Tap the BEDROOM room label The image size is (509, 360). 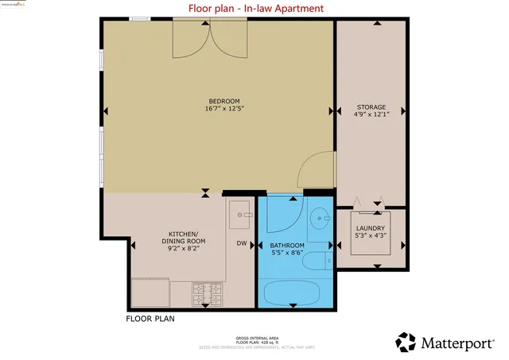223,101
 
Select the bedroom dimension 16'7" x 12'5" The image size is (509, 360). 223,110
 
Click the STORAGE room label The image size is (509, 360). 371,106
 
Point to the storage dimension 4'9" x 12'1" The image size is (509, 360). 371,115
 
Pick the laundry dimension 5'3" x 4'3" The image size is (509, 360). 370,235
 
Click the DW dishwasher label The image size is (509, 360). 241,243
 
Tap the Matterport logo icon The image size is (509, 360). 406,342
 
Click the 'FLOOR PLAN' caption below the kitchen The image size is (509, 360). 150,319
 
